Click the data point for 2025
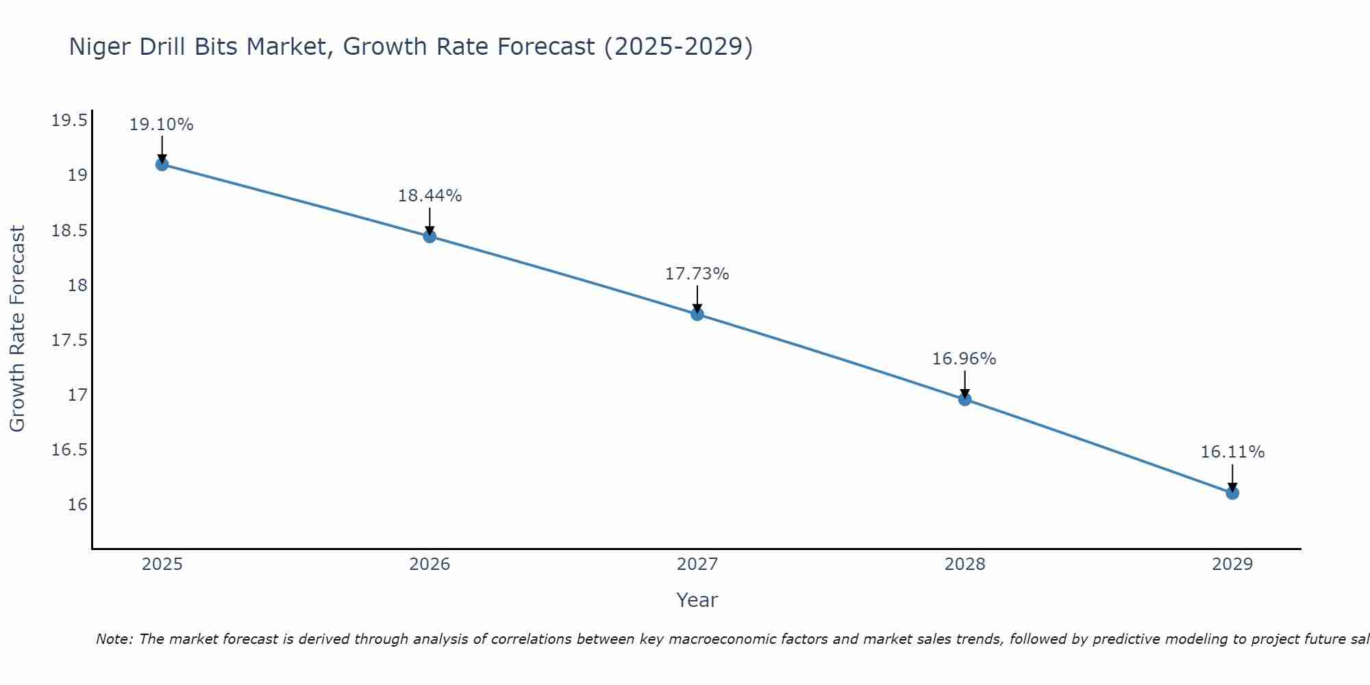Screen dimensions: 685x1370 (162, 164)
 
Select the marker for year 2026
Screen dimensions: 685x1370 (429, 236)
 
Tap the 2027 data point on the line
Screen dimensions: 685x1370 (697, 314)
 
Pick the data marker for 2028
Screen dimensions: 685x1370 (964, 399)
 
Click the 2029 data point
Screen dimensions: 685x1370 (1232, 493)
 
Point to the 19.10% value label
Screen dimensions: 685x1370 (162, 125)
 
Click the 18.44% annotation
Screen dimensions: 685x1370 (429, 196)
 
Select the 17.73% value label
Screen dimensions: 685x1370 (697, 274)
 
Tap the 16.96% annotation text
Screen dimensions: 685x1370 (964, 359)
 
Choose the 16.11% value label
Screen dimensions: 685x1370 (1232, 452)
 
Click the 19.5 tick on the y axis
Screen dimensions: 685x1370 (70, 121)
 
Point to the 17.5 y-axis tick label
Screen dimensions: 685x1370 (70, 340)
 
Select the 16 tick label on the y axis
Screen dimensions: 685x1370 (78, 505)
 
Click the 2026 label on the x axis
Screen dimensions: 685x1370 (429, 564)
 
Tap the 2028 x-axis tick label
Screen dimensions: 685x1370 (964, 564)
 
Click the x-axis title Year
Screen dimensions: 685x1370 (697, 600)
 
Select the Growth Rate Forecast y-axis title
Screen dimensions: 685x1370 (18, 329)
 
